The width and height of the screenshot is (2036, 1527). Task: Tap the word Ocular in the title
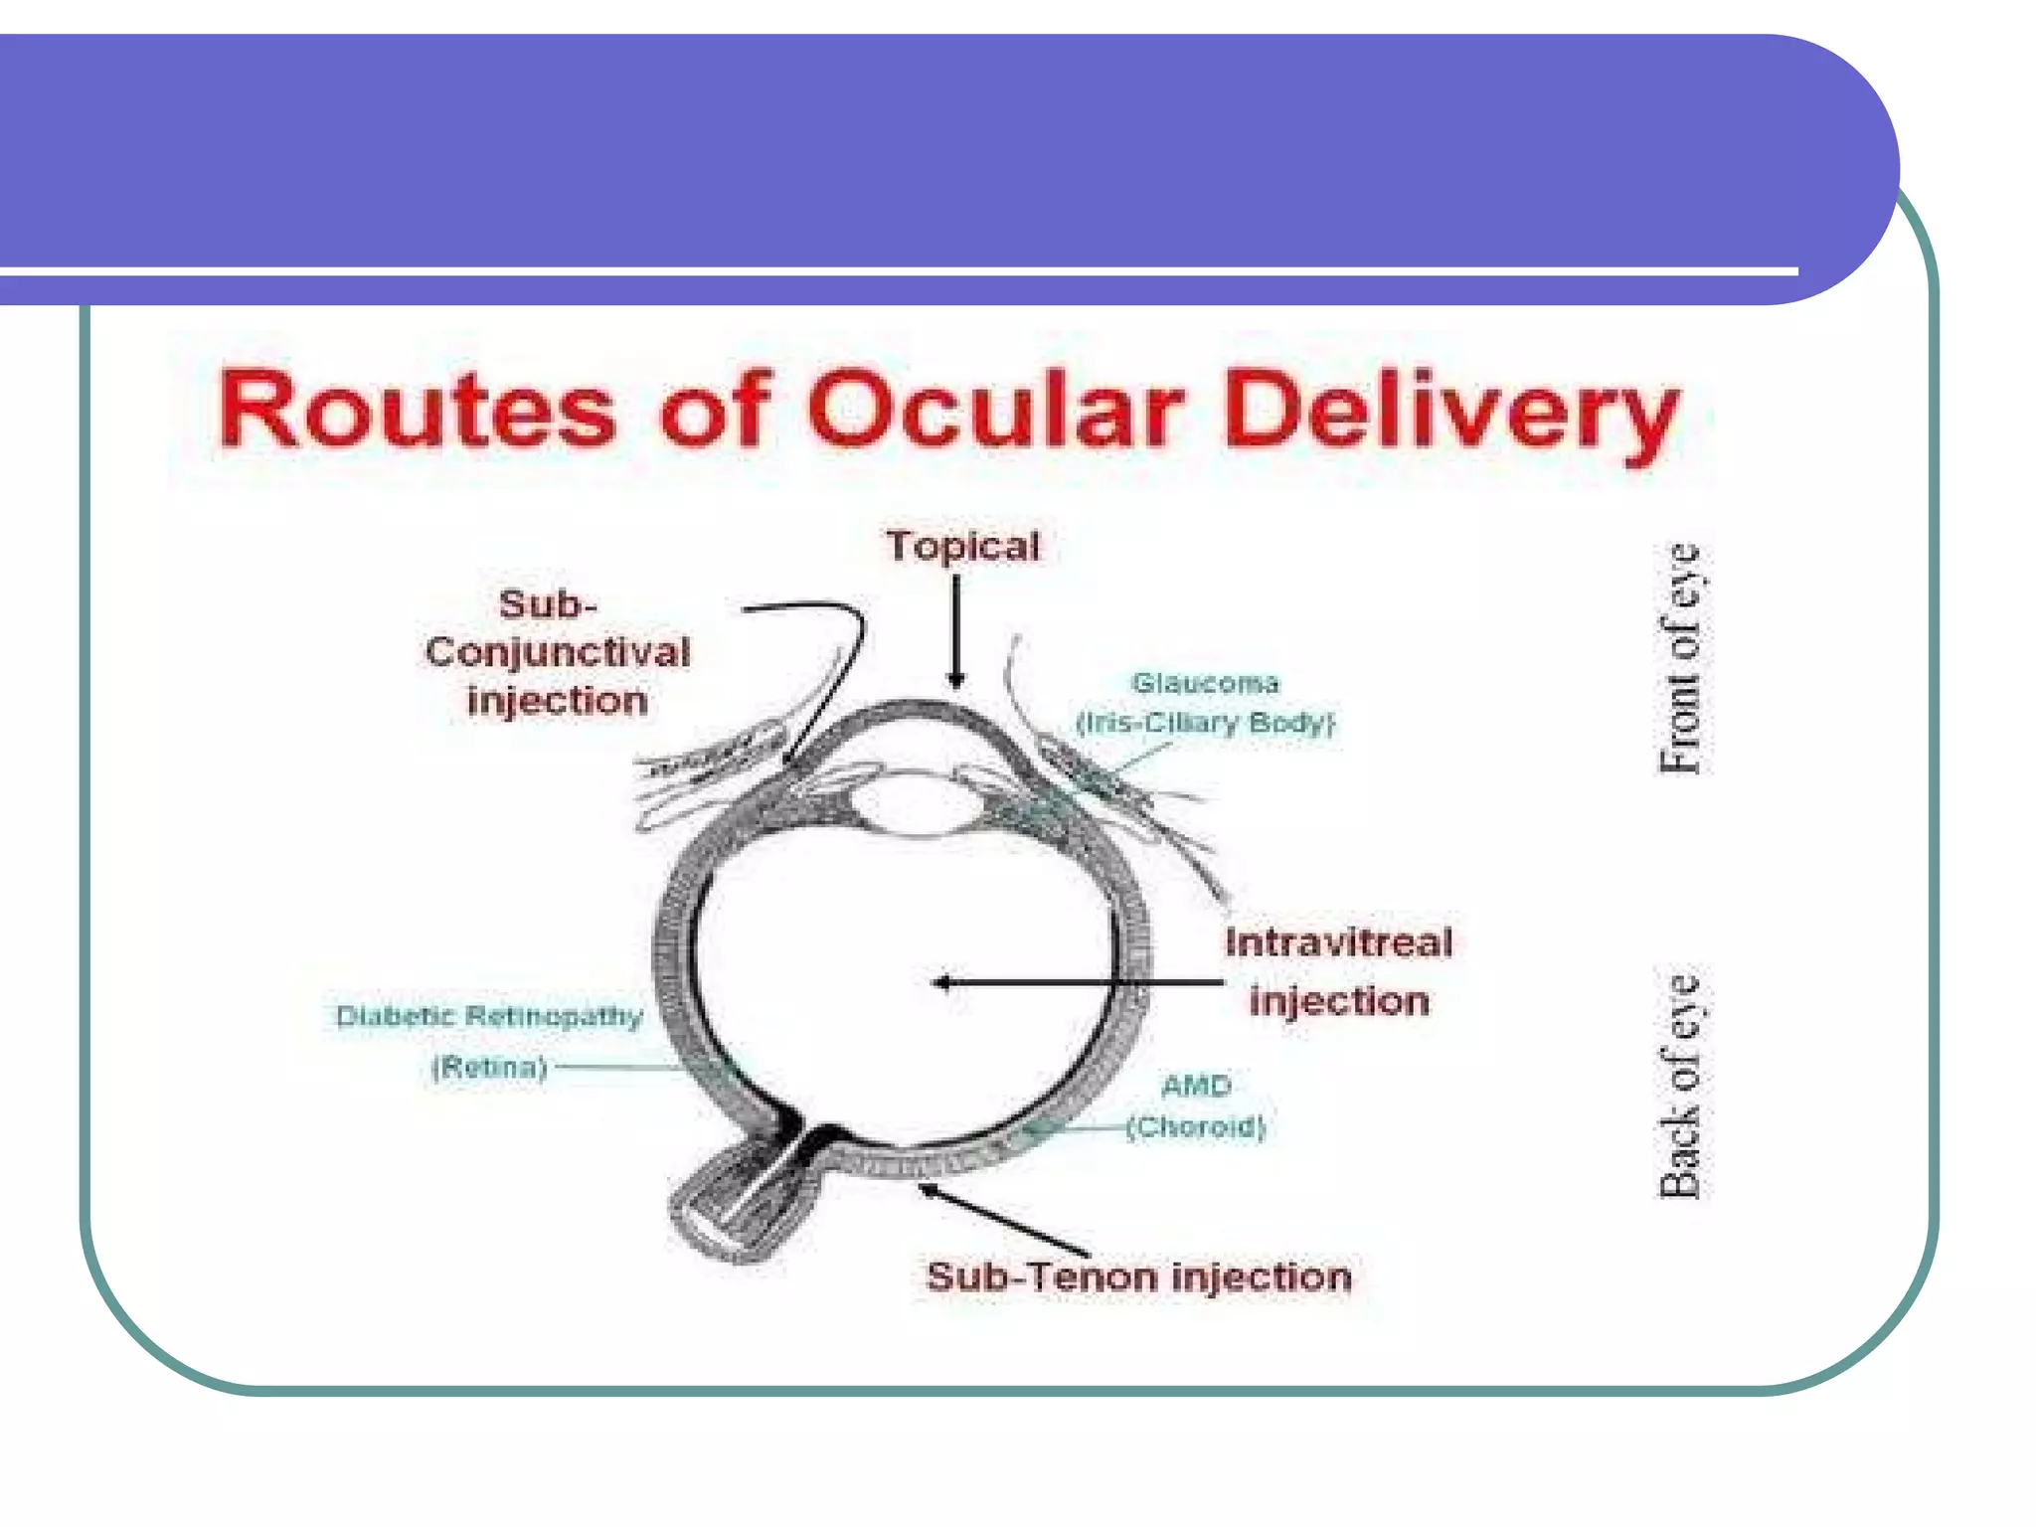click(x=994, y=410)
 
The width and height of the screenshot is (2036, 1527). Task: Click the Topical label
click(x=962, y=547)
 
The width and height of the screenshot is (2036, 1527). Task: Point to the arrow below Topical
click(x=956, y=632)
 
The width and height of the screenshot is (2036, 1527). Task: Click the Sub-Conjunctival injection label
click(x=557, y=652)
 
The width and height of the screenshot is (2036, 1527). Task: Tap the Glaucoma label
click(x=1205, y=683)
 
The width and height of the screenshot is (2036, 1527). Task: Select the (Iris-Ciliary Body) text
click(x=1205, y=723)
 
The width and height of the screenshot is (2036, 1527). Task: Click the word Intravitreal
click(x=1338, y=942)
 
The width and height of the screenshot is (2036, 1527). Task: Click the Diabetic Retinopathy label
click(x=489, y=1016)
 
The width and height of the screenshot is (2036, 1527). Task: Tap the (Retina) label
click(x=489, y=1068)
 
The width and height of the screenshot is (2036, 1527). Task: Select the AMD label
click(x=1196, y=1086)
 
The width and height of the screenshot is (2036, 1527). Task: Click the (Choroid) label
click(x=1196, y=1127)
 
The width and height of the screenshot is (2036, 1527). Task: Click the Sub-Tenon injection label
click(x=1139, y=1276)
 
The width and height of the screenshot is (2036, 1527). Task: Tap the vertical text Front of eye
click(x=1679, y=658)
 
